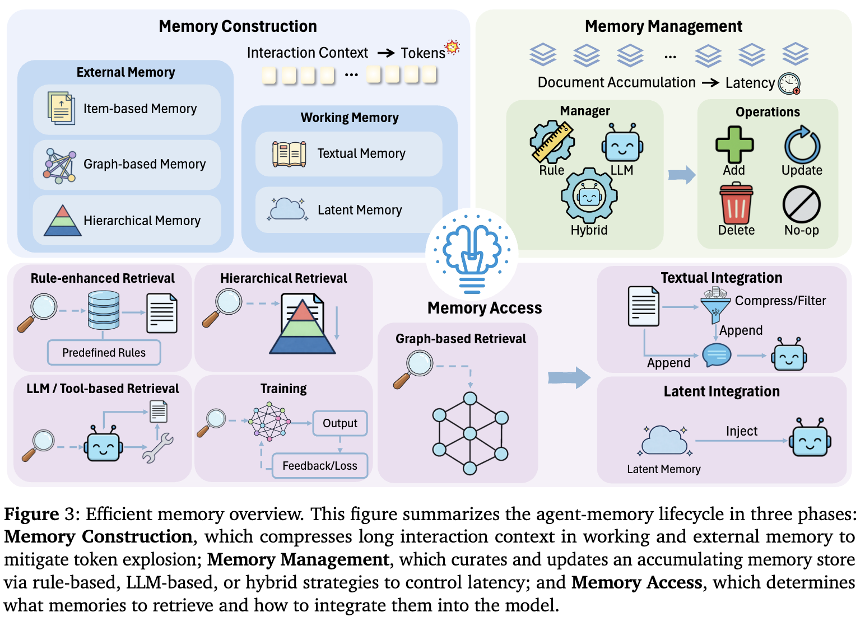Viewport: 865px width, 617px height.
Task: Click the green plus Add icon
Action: coord(734,144)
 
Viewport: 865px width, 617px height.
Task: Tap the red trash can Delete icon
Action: coord(736,204)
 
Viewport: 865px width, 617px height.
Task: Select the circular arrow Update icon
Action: coord(802,144)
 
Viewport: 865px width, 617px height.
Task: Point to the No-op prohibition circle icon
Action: coord(802,204)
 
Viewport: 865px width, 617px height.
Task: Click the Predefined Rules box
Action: coord(104,353)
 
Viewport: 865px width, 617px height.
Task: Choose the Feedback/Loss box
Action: coord(319,466)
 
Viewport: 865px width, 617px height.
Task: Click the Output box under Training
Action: coord(340,423)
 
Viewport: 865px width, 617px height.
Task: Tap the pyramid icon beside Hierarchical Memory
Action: coord(63,221)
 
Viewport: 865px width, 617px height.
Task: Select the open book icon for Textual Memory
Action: coord(289,154)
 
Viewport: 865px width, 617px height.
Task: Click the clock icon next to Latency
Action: coord(789,83)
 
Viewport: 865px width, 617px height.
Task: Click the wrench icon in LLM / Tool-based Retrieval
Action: coord(157,448)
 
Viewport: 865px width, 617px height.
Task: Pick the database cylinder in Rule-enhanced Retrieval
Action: coord(104,310)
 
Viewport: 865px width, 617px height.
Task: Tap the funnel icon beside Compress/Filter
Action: coord(715,307)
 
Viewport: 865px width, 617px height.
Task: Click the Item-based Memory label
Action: coord(140,109)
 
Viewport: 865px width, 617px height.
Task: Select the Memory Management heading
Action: coord(663,26)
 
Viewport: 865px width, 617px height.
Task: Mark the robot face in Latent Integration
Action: coord(810,439)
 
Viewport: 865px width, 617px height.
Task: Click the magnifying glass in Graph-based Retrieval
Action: coord(413,368)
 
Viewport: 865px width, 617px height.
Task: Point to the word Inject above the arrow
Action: coord(741,431)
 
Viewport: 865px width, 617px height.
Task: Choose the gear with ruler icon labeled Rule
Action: coord(552,142)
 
